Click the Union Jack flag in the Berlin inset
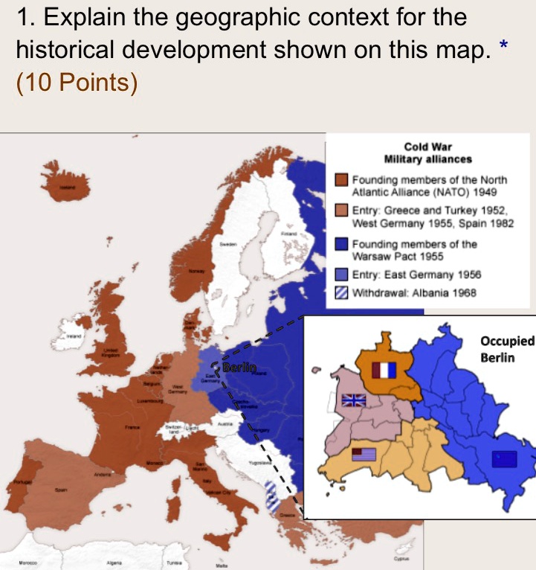coord(353,400)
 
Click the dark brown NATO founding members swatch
coord(342,180)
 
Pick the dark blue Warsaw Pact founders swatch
coord(342,244)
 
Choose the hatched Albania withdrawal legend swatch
coord(342,292)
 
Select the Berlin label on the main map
coord(239,367)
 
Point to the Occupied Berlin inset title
coord(507,348)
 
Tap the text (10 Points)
coord(77,83)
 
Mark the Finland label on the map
coord(290,234)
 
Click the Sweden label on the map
coord(227,243)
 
